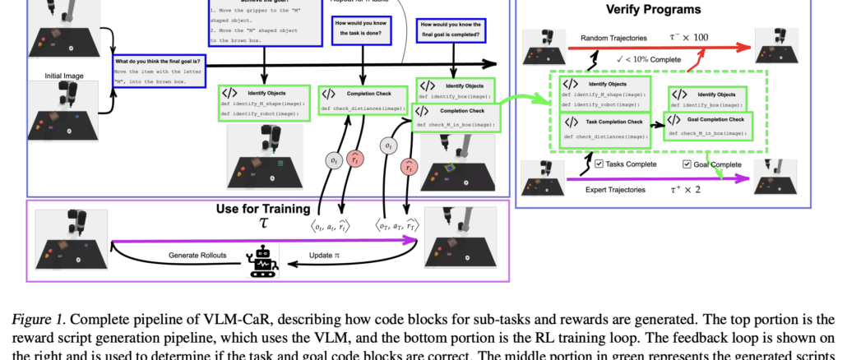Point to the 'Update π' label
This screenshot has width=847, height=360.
tap(323, 256)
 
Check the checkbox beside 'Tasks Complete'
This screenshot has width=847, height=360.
tap(599, 164)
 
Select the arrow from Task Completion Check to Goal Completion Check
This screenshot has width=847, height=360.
tap(656, 127)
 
